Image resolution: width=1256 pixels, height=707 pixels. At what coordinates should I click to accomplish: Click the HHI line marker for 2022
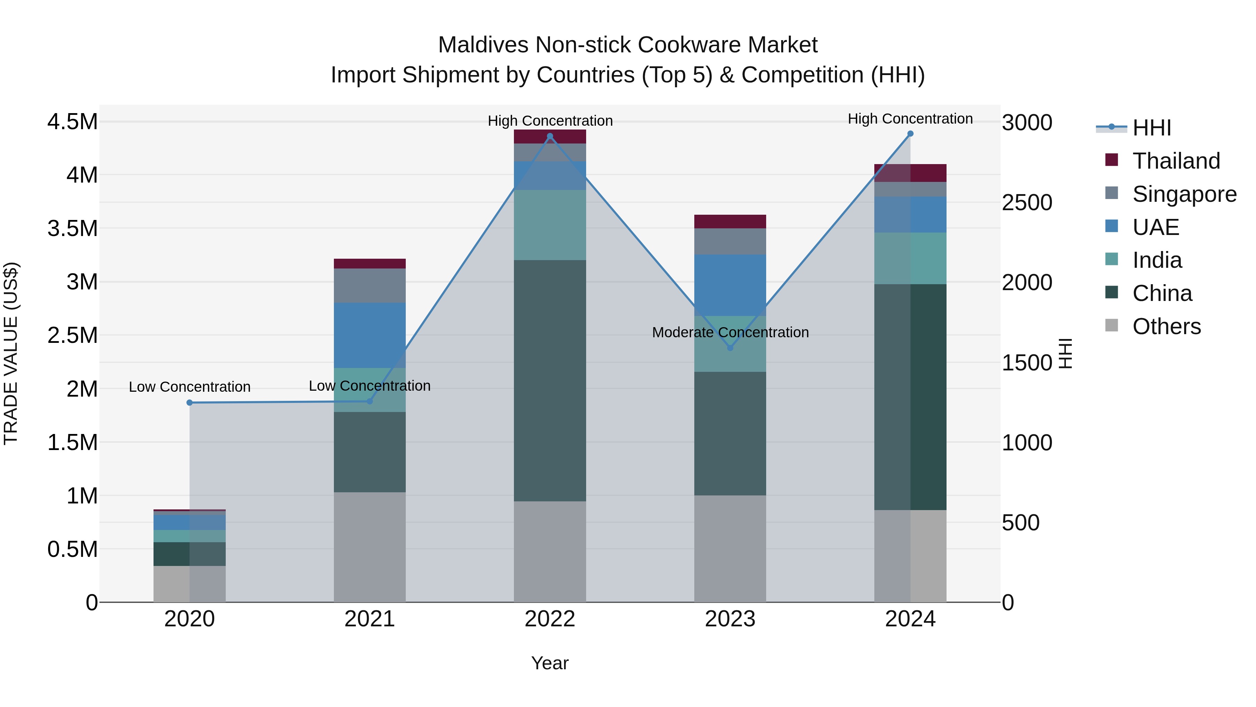click(550, 137)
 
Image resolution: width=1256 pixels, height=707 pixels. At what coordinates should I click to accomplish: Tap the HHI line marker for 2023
click(730, 348)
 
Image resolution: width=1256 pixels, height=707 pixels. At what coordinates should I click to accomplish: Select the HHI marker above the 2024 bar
click(910, 134)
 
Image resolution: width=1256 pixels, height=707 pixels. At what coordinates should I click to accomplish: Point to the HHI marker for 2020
click(190, 403)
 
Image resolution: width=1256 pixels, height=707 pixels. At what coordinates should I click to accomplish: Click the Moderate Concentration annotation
click(730, 332)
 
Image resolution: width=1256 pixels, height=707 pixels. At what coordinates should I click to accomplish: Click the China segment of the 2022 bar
click(550, 381)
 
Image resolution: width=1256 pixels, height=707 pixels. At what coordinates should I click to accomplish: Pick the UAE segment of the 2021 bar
click(369, 335)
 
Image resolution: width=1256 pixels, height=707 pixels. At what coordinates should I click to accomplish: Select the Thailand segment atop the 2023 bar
click(730, 221)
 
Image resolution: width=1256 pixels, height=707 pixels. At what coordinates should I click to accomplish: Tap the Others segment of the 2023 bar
click(730, 548)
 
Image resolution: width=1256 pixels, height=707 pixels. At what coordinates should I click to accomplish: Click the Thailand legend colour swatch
click(1112, 160)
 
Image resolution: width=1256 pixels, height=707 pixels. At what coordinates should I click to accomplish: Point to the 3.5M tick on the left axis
click(72, 228)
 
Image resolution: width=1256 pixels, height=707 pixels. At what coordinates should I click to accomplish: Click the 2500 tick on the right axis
click(1027, 202)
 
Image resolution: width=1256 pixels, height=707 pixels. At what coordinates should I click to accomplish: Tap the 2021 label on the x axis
click(369, 619)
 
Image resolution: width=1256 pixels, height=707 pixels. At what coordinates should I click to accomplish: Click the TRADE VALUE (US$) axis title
click(11, 353)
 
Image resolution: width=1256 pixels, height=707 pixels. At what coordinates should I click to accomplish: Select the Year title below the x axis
click(549, 663)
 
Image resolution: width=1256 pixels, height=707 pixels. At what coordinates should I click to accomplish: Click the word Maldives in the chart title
click(483, 45)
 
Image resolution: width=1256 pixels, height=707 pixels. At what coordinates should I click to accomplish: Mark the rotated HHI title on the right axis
click(1066, 353)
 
